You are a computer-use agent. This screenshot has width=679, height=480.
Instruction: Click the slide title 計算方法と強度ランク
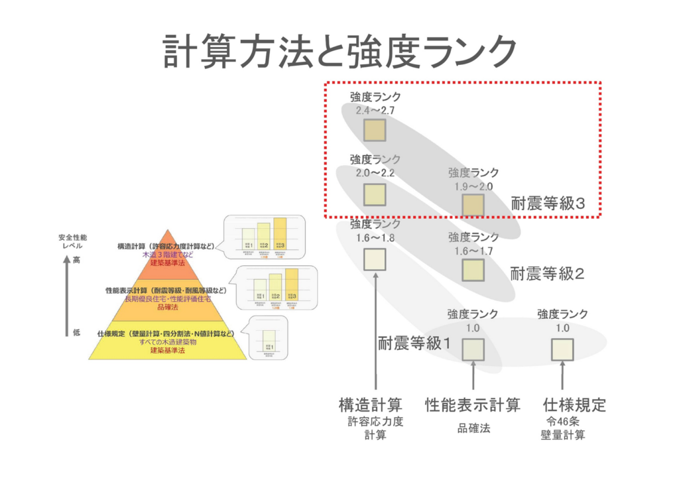(x=339, y=51)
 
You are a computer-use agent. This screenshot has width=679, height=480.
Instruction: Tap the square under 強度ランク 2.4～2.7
(x=375, y=129)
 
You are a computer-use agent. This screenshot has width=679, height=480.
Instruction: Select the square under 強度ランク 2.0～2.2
(x=375, y=194)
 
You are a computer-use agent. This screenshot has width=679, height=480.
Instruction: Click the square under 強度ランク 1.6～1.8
(x=375, y=258)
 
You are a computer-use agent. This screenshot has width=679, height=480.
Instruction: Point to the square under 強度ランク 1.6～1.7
(x=473, y=270)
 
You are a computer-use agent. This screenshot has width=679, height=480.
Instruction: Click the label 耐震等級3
(x=548, y=204)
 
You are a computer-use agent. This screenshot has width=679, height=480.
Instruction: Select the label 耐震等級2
(x=548, y=273)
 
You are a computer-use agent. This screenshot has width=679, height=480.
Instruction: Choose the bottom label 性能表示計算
(x=473, y=404)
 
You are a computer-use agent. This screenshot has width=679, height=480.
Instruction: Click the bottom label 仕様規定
(x=574, y=404)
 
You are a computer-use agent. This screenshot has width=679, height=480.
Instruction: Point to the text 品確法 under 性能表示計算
(x=473, y=428)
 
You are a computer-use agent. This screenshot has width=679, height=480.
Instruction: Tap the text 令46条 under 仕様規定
(x=562, y=421)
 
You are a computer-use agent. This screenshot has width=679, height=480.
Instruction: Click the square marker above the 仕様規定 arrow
(x=562, y=349)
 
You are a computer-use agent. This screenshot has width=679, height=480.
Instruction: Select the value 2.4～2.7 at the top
(x=375, y=110)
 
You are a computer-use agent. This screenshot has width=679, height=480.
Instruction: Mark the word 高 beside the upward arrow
(x=76, y=260)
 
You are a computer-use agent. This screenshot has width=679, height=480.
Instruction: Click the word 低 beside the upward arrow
(x=76, y=332)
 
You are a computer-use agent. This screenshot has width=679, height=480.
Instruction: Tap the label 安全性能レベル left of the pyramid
(x=72, y=241)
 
